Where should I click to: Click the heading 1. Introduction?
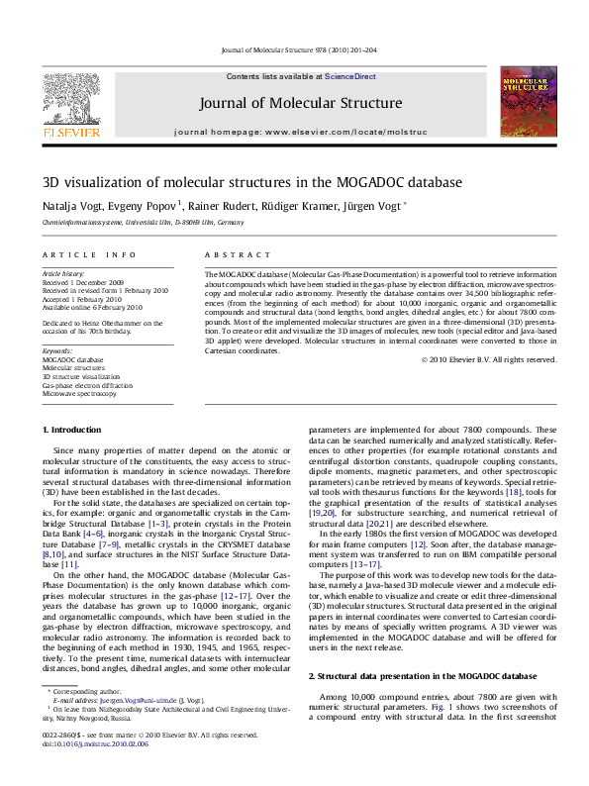(x=74, y=430)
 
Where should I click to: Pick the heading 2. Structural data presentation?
(x=409, y=675)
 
